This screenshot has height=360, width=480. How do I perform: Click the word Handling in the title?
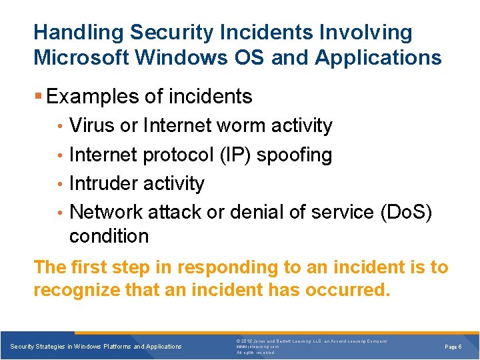pyautogui.click(x=78, y=32)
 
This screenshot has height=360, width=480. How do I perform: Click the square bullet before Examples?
pyautogui.click(x=39, y=97)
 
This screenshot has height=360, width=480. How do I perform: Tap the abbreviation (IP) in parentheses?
pyautogui.click(x=237, y=155)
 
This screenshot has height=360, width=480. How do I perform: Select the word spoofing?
pyautogui.click(x=294, y=155)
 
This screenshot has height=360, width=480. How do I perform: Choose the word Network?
pyautogui.click(x=106, y=212)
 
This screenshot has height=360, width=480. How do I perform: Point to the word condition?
pyautogui.click(x=109, y=236)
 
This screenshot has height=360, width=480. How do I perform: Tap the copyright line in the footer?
pyautogui.click(x=312, y=341)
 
